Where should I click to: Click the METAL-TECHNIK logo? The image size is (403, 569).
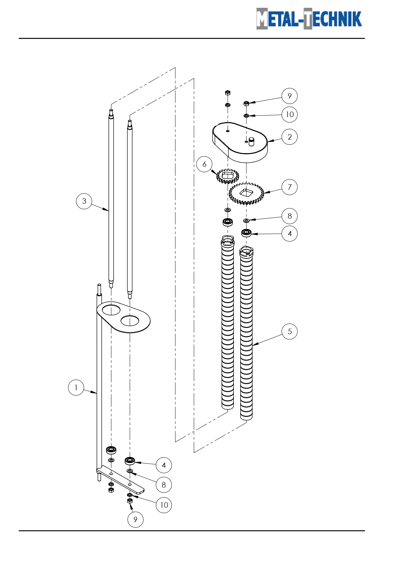309,18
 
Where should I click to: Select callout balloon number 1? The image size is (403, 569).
76,388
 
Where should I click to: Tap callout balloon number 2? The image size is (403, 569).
290,137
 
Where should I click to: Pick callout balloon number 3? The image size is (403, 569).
84,201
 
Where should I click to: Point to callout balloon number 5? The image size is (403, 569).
290,332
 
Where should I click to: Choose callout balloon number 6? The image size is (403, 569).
204,164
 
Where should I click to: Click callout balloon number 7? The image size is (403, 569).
290,187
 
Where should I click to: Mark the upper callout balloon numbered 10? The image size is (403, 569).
290,115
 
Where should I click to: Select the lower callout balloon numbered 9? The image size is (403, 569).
135,519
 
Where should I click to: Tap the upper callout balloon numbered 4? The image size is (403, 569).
290,234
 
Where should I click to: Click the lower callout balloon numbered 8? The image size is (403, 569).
164,485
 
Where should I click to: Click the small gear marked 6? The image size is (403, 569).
228,176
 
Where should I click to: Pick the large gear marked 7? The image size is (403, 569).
246,193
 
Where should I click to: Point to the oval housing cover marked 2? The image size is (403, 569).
240,143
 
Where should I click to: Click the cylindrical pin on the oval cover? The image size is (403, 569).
251,142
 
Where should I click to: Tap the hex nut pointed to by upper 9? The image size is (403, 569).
246,103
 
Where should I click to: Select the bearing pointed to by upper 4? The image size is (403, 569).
246,233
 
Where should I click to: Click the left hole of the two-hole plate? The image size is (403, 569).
111,309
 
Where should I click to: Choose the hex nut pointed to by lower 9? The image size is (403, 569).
130,501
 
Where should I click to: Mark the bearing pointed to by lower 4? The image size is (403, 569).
130,461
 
